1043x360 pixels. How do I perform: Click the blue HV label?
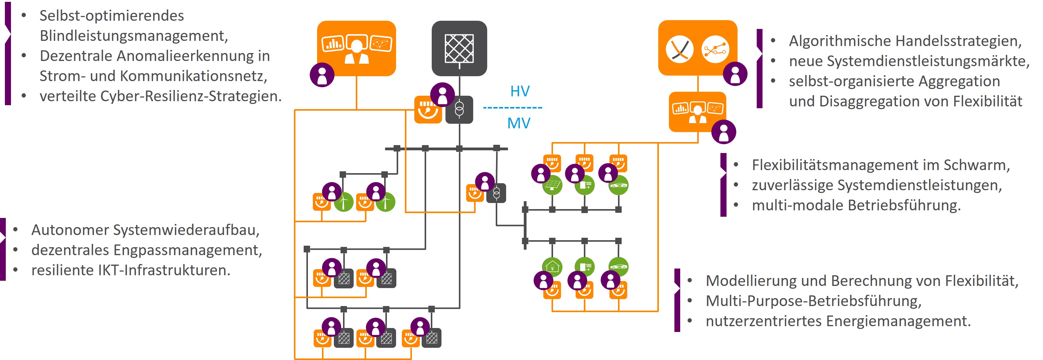tap(520, 91)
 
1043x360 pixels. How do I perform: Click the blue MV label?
tap(519, 123)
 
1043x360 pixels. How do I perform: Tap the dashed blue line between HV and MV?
tap(513, 108)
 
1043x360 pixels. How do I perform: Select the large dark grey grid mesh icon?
tap(459, 48)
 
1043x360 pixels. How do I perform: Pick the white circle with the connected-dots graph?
tap(715, 49)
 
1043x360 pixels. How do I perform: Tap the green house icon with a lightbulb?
tap(552, 266)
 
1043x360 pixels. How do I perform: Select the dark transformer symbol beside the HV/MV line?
tap(459, 109)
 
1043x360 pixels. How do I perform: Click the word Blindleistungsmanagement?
tap(133, 36)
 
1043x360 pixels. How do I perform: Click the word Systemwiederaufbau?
tap(186, 230)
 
